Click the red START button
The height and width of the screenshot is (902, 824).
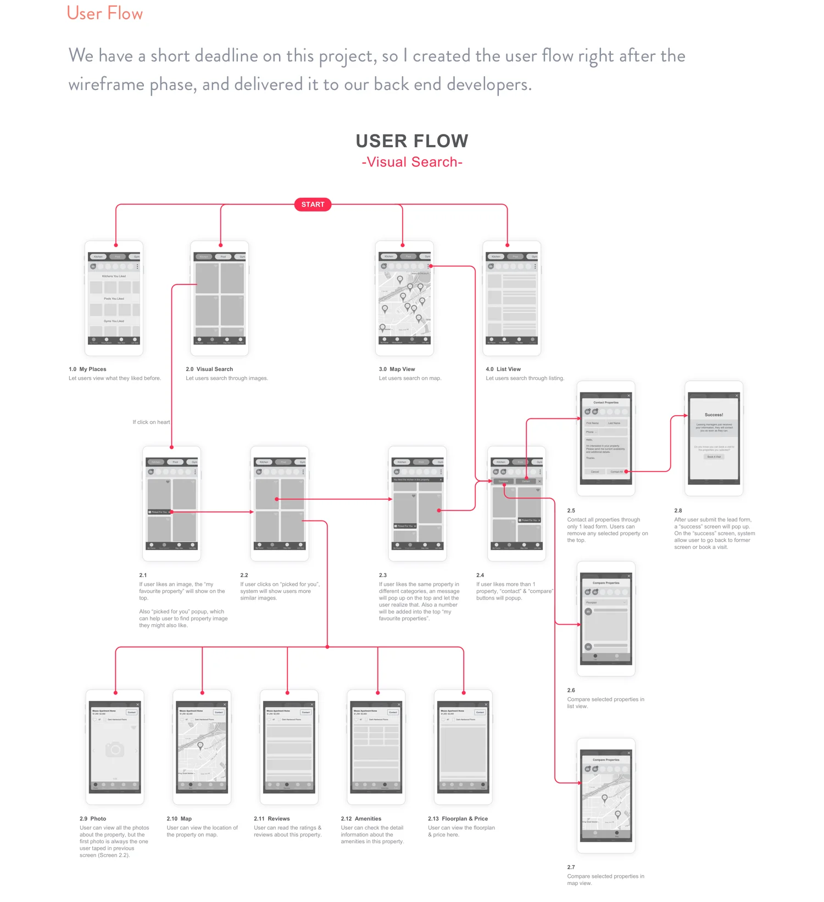[313, 205]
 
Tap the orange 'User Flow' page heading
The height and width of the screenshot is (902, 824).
[104, 13]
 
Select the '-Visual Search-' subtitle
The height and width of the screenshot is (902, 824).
[412, 163]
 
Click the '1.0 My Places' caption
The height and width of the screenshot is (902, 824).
[87, 369]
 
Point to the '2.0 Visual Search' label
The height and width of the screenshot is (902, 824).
[209, 369]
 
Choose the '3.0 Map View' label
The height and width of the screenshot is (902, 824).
[397, 369]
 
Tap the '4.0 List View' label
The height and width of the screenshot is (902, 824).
[503, 369]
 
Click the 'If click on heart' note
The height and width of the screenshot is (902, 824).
[151, 422]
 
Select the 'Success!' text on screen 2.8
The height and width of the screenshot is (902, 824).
[714, 415]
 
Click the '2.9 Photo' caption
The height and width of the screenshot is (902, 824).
[93, 819]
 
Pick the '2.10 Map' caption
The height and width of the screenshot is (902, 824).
[179, 819]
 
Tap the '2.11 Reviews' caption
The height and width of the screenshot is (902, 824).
[271, 819]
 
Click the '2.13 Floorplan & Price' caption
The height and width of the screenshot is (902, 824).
[458, 819]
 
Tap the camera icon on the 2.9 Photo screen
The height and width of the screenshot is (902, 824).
[115, 749]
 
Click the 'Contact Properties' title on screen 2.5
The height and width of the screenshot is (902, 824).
[606, 402]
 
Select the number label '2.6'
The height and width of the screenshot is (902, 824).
[571, 691]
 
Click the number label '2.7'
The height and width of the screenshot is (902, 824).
[571, 867]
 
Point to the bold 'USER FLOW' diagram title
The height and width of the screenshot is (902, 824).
[412, 141]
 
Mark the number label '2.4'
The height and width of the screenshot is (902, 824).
[480, 575]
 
